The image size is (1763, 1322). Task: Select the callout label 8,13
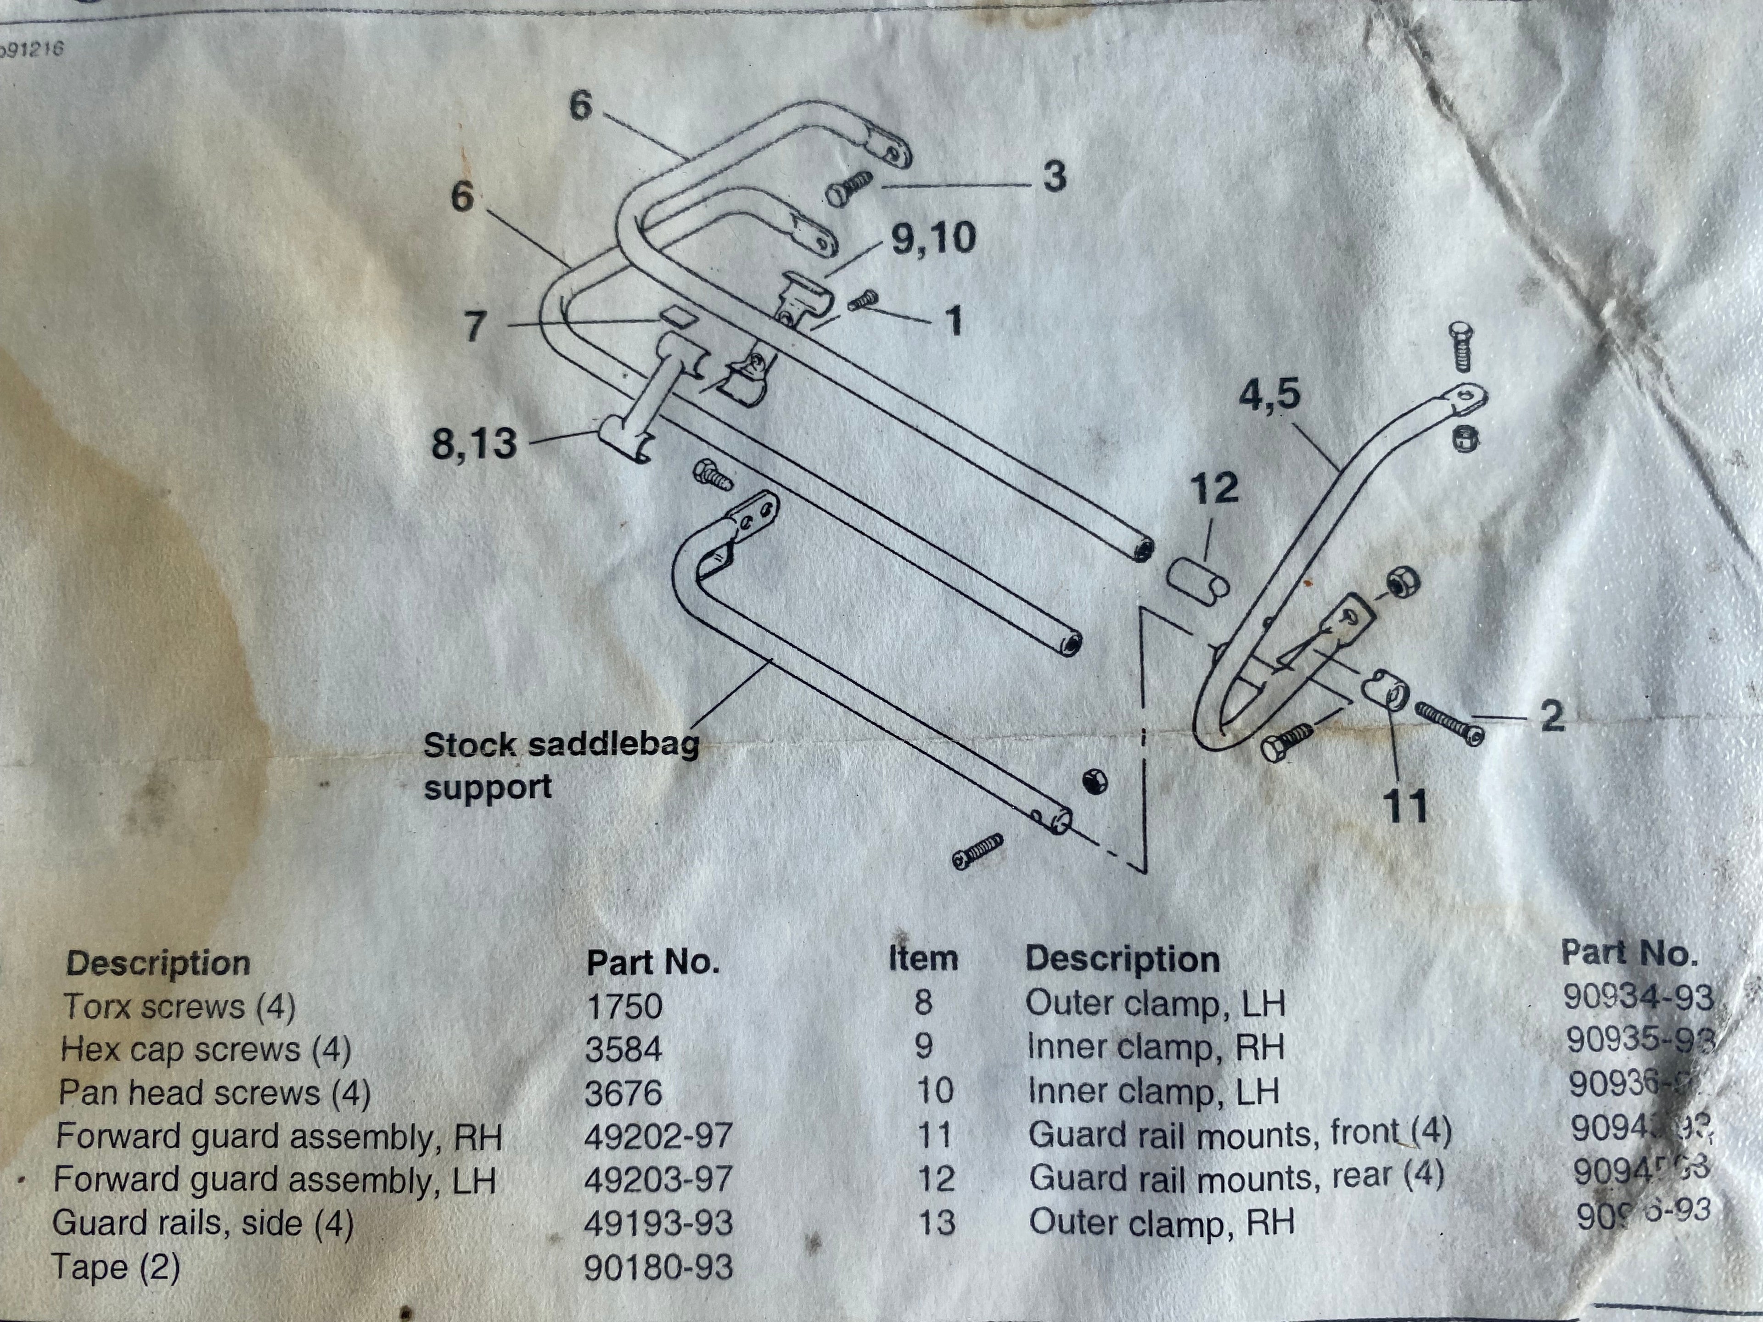click(x=474, y=443)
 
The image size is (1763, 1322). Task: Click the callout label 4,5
click(x=1269, y=394)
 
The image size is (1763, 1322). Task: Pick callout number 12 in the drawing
click(x=1214, y=487)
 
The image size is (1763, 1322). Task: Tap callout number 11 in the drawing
click(x=1406, y=806)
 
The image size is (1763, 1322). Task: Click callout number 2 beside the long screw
click(x=1551, y=716)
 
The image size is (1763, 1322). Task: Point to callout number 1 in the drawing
click(x=953, y=321)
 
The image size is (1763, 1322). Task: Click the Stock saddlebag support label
click(x=561, y=765)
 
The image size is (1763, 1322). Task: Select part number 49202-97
click(x=657, y=1136)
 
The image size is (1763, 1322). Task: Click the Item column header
click(x=923, y=958)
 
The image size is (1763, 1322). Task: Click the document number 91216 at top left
click(x=32, y=50)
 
